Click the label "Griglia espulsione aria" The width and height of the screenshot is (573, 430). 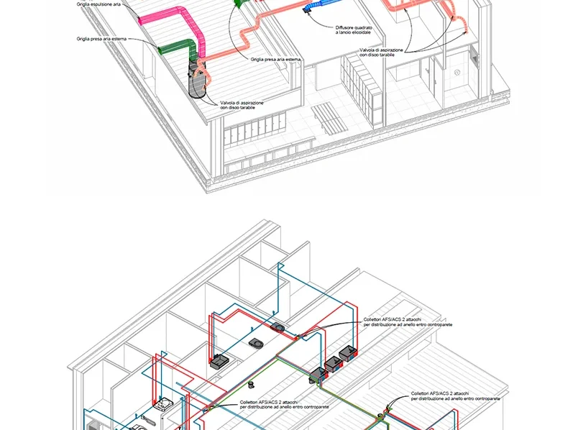pos(98,4)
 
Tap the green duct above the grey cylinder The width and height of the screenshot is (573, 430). pos(179,47)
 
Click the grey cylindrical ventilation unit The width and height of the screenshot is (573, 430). pos(197,79)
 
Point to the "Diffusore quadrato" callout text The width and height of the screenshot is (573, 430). pos(354,27)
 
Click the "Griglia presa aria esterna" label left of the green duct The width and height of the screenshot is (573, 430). pos(101,39)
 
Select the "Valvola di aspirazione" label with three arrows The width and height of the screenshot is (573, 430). pos(381,52)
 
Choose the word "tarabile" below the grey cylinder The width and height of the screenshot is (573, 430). pos(247,108)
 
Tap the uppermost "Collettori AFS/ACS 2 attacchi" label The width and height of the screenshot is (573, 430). pos(408,322)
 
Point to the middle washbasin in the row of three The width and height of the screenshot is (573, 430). pos(334,363)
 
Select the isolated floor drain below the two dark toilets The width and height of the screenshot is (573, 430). pos(251,385)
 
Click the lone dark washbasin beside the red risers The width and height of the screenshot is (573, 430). pos(219,361)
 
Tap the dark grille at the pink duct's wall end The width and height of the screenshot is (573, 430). pos(139,20)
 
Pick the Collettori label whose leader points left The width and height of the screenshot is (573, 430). pos(284,404)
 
